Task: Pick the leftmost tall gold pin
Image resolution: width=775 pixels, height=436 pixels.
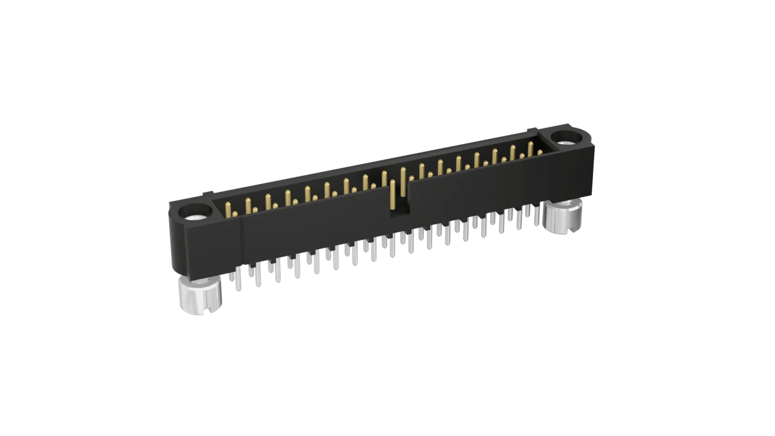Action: [x=228, y=209]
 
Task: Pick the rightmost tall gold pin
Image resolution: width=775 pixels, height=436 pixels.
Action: [x=530, y=149]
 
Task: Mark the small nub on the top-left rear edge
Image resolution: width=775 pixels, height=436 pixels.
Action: [x=208, y=192]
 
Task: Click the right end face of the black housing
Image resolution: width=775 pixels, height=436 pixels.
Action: [x=590, y=168]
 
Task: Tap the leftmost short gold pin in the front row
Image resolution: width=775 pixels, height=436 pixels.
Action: [x=235, y=213]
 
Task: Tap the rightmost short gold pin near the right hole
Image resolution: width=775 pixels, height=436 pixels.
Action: [x=540, y=152]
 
